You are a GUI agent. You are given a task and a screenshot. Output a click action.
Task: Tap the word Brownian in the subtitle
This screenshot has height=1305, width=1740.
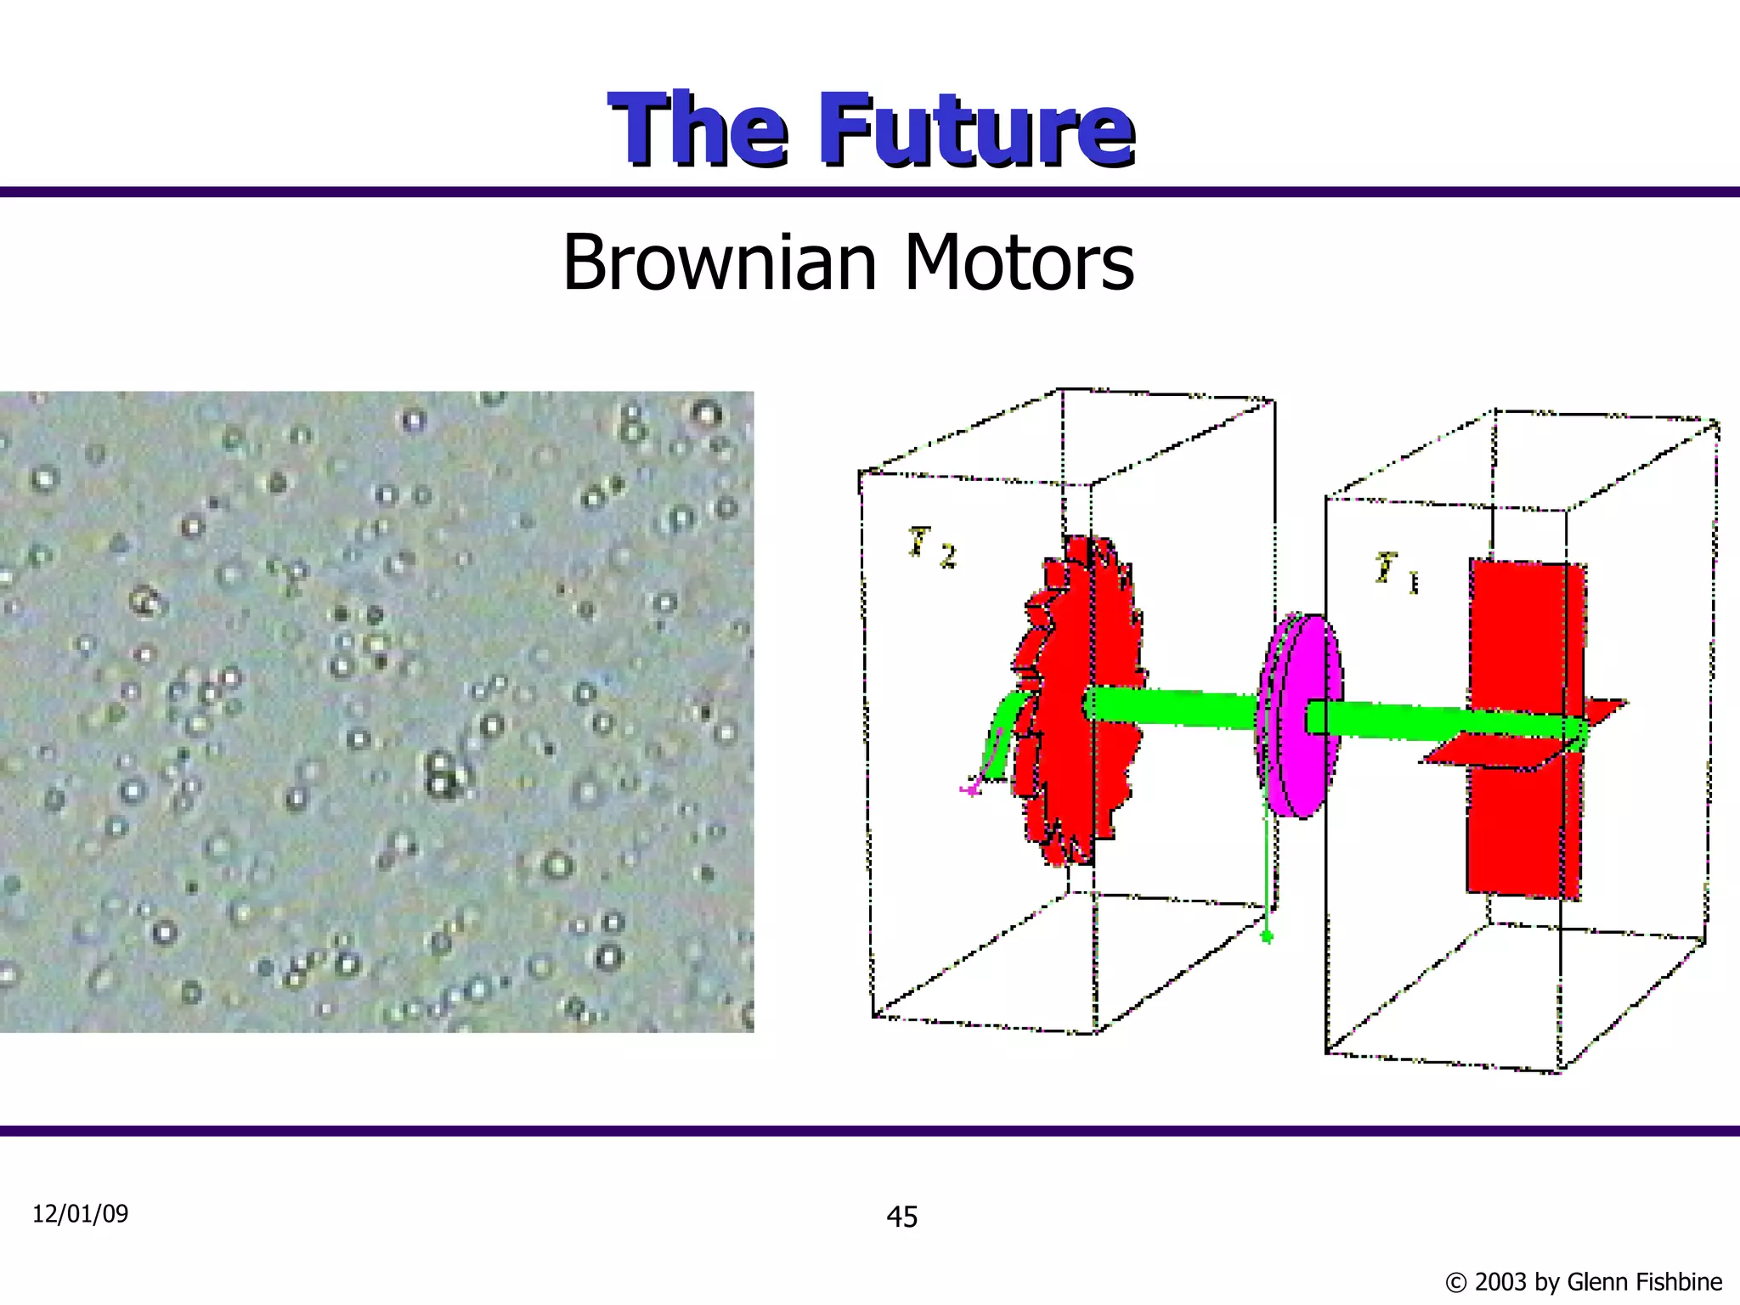[x=719, y=263]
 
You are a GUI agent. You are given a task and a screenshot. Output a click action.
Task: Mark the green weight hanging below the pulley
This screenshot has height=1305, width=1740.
[x=1267, y=936]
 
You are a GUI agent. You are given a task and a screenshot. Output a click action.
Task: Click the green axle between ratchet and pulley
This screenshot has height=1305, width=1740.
[x=1172, y=709]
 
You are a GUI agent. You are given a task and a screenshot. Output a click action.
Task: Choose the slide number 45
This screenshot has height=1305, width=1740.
[x=901, y=1217]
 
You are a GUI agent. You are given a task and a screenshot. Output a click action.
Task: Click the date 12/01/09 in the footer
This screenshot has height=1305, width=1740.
[x=80, y=1213]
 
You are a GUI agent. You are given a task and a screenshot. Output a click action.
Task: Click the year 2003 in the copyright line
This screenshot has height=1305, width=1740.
[x=1501, y=1281]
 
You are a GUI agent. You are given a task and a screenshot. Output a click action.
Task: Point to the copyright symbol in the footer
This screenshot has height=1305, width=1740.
[x=1456, y=1282]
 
